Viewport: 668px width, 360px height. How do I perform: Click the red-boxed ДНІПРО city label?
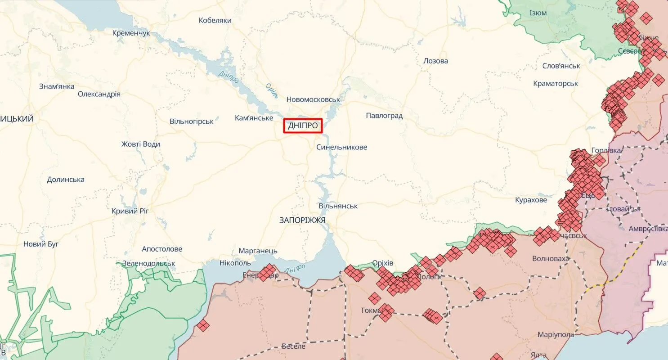coord(303,126)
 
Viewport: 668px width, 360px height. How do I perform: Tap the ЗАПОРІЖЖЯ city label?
coord(302,220)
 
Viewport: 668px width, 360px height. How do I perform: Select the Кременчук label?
coord(131,33)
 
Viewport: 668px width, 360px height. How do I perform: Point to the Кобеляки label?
coord(215,20)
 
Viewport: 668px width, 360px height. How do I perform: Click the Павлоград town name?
coord(384,116)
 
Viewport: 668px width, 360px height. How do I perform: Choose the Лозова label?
coord(435,61)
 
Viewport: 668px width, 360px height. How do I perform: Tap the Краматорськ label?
coord(555,83)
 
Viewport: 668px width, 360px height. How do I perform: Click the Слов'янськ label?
coord(561,66)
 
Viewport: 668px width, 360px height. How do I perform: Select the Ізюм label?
coord(538,13)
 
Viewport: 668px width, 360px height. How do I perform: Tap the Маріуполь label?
coord(556,335)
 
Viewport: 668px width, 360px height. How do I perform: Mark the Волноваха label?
coord(550,258)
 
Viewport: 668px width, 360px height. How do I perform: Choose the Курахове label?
coord(531,199)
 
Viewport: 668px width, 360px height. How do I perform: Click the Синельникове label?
coord(341,147)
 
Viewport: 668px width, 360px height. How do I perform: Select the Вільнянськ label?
coord(338,206)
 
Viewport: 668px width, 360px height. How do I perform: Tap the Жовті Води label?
coord(140,144)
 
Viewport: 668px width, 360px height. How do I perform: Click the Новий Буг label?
coord(41,244)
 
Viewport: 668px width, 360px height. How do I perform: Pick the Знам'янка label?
coord(57,86)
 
